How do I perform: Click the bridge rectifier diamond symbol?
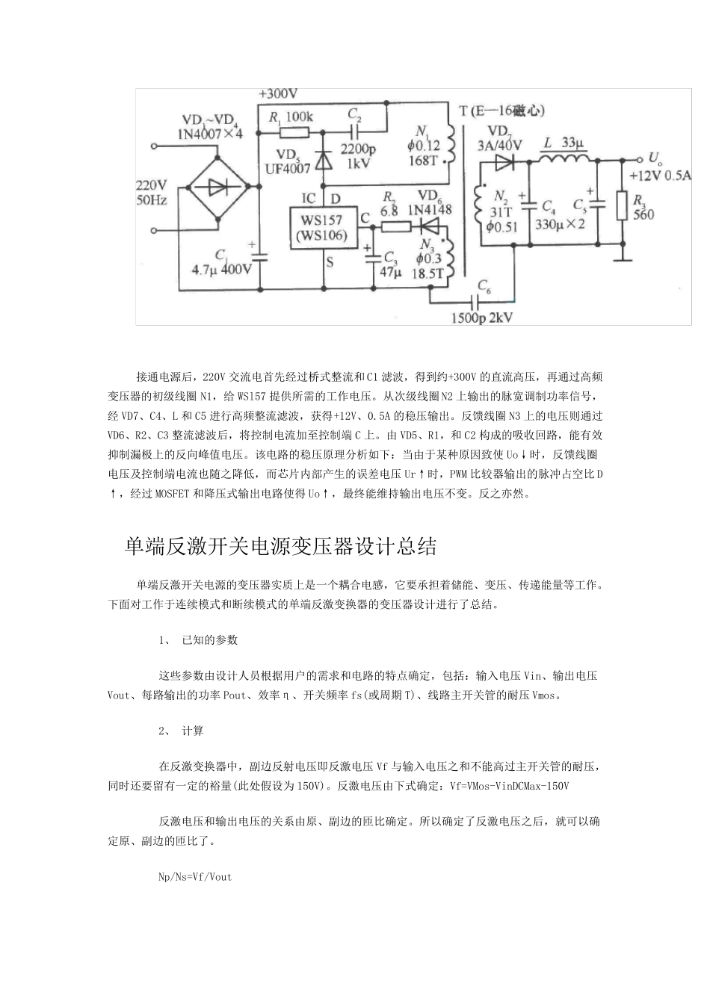[x=217, y=188]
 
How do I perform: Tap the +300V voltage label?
[x=278, y=94]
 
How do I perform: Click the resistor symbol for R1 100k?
[x=293, y=132]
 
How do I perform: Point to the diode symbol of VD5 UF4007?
[x=324, y=159]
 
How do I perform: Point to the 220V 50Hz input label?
[x=151, y=192]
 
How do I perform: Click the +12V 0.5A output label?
[x=660, y=176]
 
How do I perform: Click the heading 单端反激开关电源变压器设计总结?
[x=280, y=547]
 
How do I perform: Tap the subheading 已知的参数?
[x=209, y=639]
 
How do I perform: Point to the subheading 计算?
[x=193, y=731]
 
